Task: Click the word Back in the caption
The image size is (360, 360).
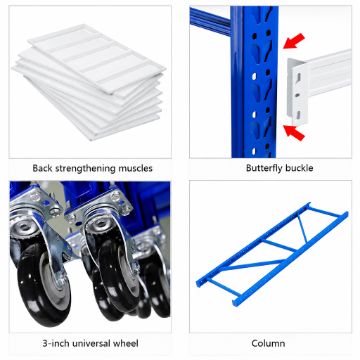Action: click(x=42, y=168)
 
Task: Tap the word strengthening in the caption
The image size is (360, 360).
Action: click(x=85, y=168)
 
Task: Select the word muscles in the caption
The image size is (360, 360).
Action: click(x=135, y=168)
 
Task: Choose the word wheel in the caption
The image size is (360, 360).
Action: click(x=126, y=343)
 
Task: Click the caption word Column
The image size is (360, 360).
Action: click(x=268, y=343)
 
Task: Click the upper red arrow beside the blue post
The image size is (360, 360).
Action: click(x=294, y=41)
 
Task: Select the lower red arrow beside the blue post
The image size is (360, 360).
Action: click(x=294, y=132)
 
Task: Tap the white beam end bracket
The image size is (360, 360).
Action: click(x=297, y=91)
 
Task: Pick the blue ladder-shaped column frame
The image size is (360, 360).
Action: click(x=272, y=254)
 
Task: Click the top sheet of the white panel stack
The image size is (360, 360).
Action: click(x=97, y=57)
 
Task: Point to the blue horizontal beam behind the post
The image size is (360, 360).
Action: click(x=210, y=21)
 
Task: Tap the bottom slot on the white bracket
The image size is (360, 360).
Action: click(x=298, y=114)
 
